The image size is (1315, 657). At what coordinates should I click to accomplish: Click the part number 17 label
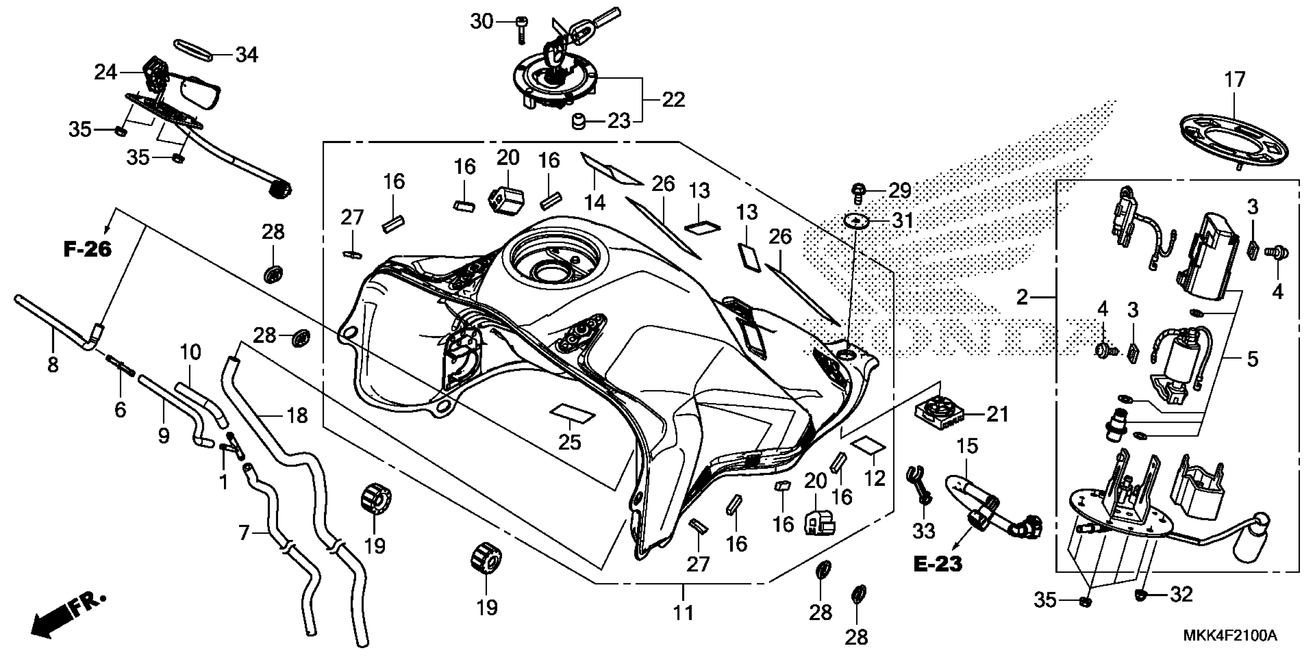pos(1235,80)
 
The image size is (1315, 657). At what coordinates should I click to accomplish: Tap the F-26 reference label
pos(87,249)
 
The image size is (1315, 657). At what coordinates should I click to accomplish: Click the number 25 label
pos(570,442)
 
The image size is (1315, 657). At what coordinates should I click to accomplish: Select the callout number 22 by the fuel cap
pos(673,100)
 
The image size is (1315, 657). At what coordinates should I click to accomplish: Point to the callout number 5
pos(1253,359)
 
